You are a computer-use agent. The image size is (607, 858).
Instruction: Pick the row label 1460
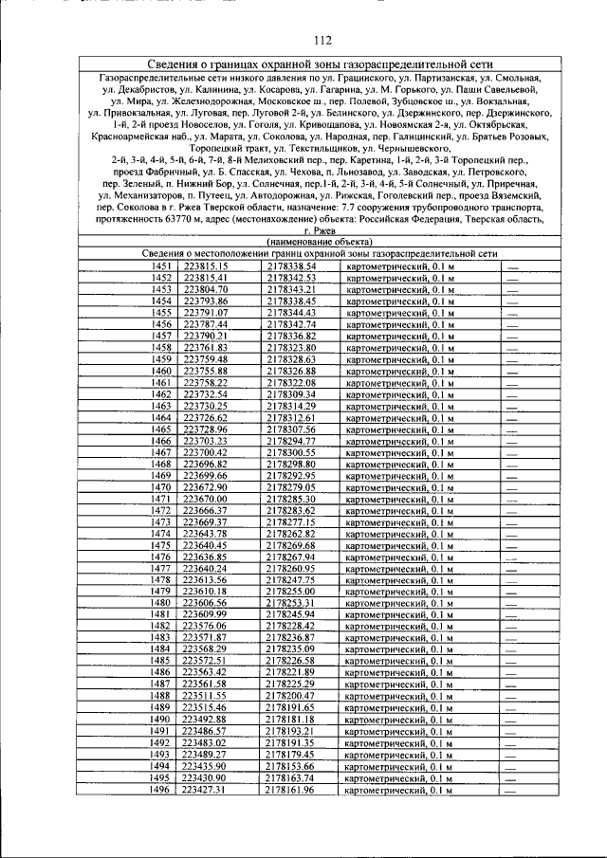pos(160,371)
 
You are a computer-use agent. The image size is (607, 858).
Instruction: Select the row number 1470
pos(160,487)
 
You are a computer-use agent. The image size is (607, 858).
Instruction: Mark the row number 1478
pos(160,579)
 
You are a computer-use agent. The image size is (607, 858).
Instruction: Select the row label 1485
pos(160,660)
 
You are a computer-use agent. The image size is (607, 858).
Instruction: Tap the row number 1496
pos(160,789)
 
